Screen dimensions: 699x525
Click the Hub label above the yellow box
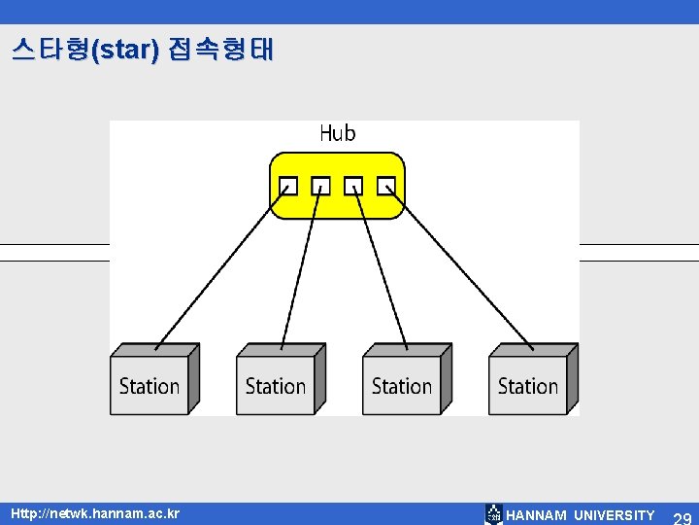[x=337, y=134]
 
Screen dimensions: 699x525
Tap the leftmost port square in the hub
[x=287, y=185]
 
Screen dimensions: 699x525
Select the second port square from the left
[x=320, y=185]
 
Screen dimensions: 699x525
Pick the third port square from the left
[x=353, y=185]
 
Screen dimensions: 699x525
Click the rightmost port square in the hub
[x=386, y=185]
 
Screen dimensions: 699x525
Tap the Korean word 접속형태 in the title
[x=220, y=50]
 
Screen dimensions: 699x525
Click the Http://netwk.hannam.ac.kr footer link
[x=95, y=512]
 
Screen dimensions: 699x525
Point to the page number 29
[x=682, y=517]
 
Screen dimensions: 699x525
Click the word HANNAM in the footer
[x=537, y=515]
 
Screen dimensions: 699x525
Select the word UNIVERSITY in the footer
[x=615, y=515]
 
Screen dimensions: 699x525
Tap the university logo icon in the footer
[x=494, y=514]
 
